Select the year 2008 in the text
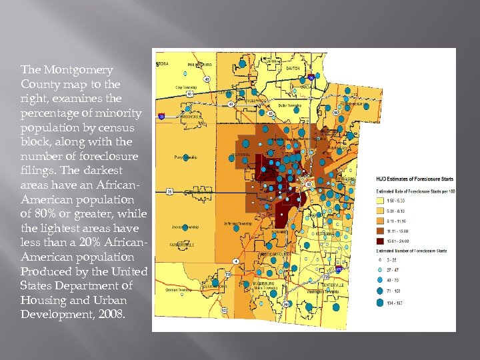(109, 314)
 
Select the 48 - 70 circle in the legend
(381, 281)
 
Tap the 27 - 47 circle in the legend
(381, 270)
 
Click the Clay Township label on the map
(187, 87)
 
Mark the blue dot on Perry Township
(186, 158)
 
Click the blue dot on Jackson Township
(186, 227)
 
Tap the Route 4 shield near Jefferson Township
(234, 260)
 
